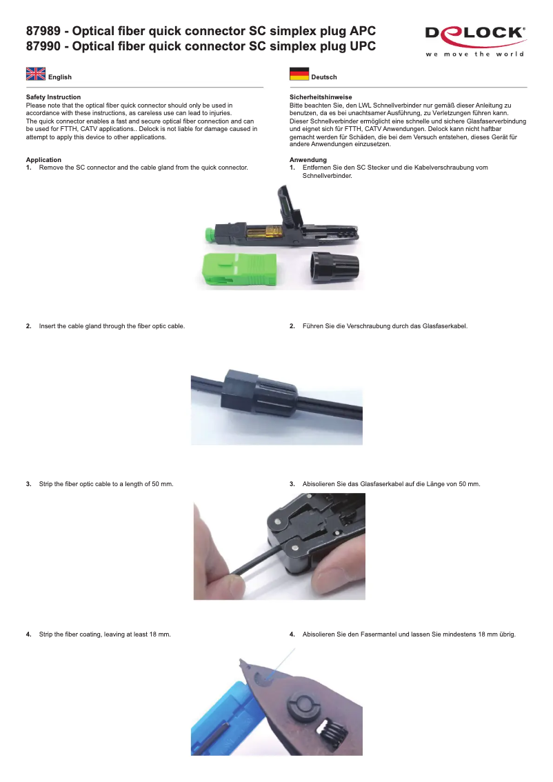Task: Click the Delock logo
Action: [475, 41]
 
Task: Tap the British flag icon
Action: [36, 74]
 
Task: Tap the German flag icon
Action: [299, 74]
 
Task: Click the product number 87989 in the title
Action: [43, 31]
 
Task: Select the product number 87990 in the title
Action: [43, 46]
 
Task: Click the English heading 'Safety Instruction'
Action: [53, 97]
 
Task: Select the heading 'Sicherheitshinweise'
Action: [321, 97]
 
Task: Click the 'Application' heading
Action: [43, 160]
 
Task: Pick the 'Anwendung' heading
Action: [308, 160]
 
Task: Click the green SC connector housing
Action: [239, 270]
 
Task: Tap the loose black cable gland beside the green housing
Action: [335, 268]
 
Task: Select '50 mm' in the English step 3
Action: [163, 484]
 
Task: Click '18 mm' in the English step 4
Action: [160, 634]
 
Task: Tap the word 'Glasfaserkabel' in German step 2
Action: [445, 326]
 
